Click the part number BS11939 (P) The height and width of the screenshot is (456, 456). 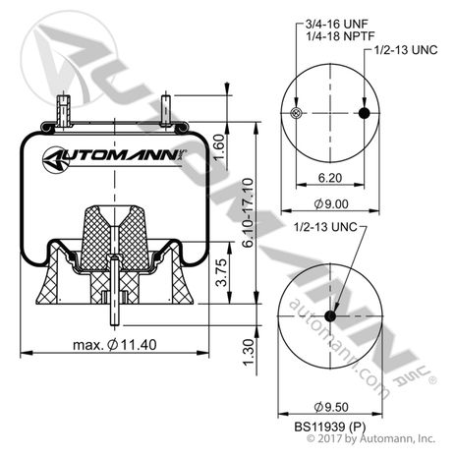(x=330, y=426)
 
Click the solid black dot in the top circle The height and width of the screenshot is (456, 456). (x=365, y=114)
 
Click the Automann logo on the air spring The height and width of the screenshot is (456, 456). (x=115, y=155)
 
